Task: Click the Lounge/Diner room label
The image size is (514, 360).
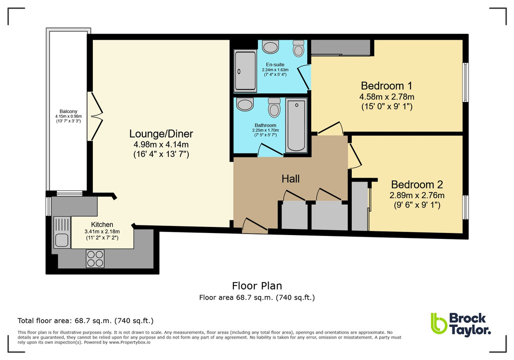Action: coord(161,134)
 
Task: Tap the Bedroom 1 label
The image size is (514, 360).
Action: coord(387,85)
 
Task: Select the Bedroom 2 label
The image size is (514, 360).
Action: coord(417,184)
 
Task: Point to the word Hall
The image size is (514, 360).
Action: coord(290,178)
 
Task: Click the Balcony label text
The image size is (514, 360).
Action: coord(68,111)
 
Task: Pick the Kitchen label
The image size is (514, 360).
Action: coord(102,224)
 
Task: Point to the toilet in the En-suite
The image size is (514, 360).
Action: coord(299,49)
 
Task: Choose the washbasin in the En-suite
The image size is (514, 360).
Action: coord(271,47)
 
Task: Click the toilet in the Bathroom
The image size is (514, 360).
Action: coord(274,107)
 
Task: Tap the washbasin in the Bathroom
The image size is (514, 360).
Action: coord(245,104)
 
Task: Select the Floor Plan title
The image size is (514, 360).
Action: coord(257,286)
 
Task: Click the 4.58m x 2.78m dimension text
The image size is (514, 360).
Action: coord(387,96)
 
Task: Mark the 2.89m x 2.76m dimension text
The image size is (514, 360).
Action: coord(417,195)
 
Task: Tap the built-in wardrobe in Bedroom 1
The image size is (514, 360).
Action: coord(340,47)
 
